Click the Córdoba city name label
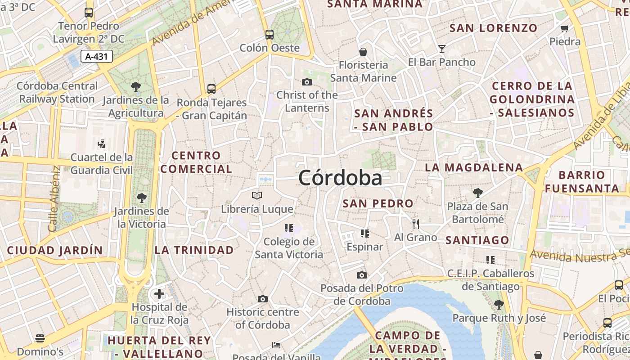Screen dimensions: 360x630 [340, 178]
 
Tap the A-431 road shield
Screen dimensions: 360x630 [97, 56]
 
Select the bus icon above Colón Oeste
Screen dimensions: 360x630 [270, 34]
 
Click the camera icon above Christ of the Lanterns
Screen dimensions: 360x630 [307, 82]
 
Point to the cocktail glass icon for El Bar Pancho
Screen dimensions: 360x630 [442, 49]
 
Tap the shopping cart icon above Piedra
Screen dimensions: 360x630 [565, 28]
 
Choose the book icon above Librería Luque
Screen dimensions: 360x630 [257, 196]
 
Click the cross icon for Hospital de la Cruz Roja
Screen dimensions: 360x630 [159, 294]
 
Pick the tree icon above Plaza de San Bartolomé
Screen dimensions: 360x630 [478, 193]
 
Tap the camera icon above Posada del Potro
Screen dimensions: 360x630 [362, 275]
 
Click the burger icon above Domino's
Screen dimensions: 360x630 [40, 338]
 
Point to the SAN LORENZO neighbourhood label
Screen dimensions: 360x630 [494, 28]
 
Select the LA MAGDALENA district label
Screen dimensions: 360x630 [474, 168]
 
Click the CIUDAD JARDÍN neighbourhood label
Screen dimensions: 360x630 [55, 250]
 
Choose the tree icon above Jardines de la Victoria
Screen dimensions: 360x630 [142, 198]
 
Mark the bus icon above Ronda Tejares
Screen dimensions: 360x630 [211, 89]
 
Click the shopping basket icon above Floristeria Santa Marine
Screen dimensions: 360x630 [363, 52]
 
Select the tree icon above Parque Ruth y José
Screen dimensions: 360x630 [499, 305]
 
